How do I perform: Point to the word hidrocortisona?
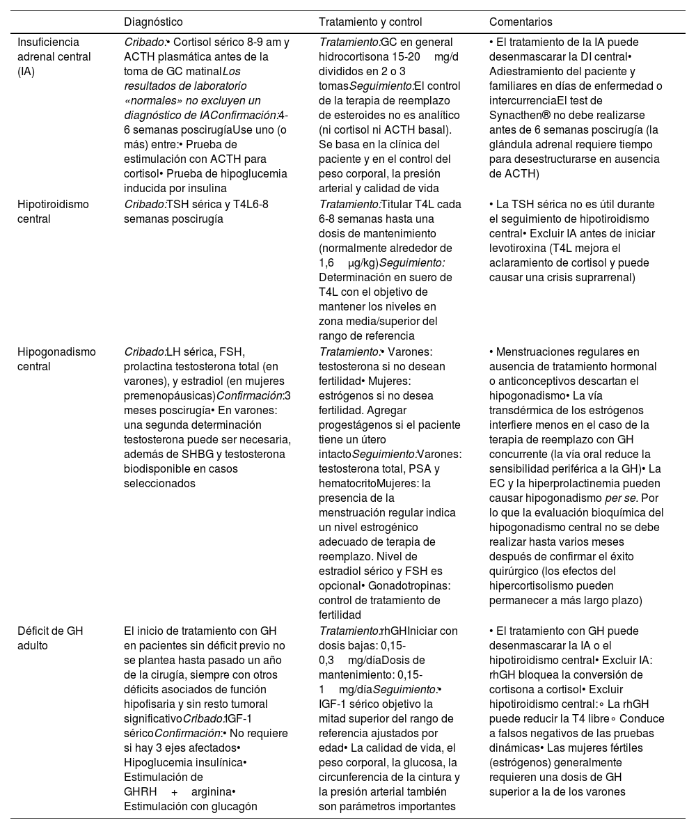click(352, 56)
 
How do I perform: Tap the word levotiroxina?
click(516, 248)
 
